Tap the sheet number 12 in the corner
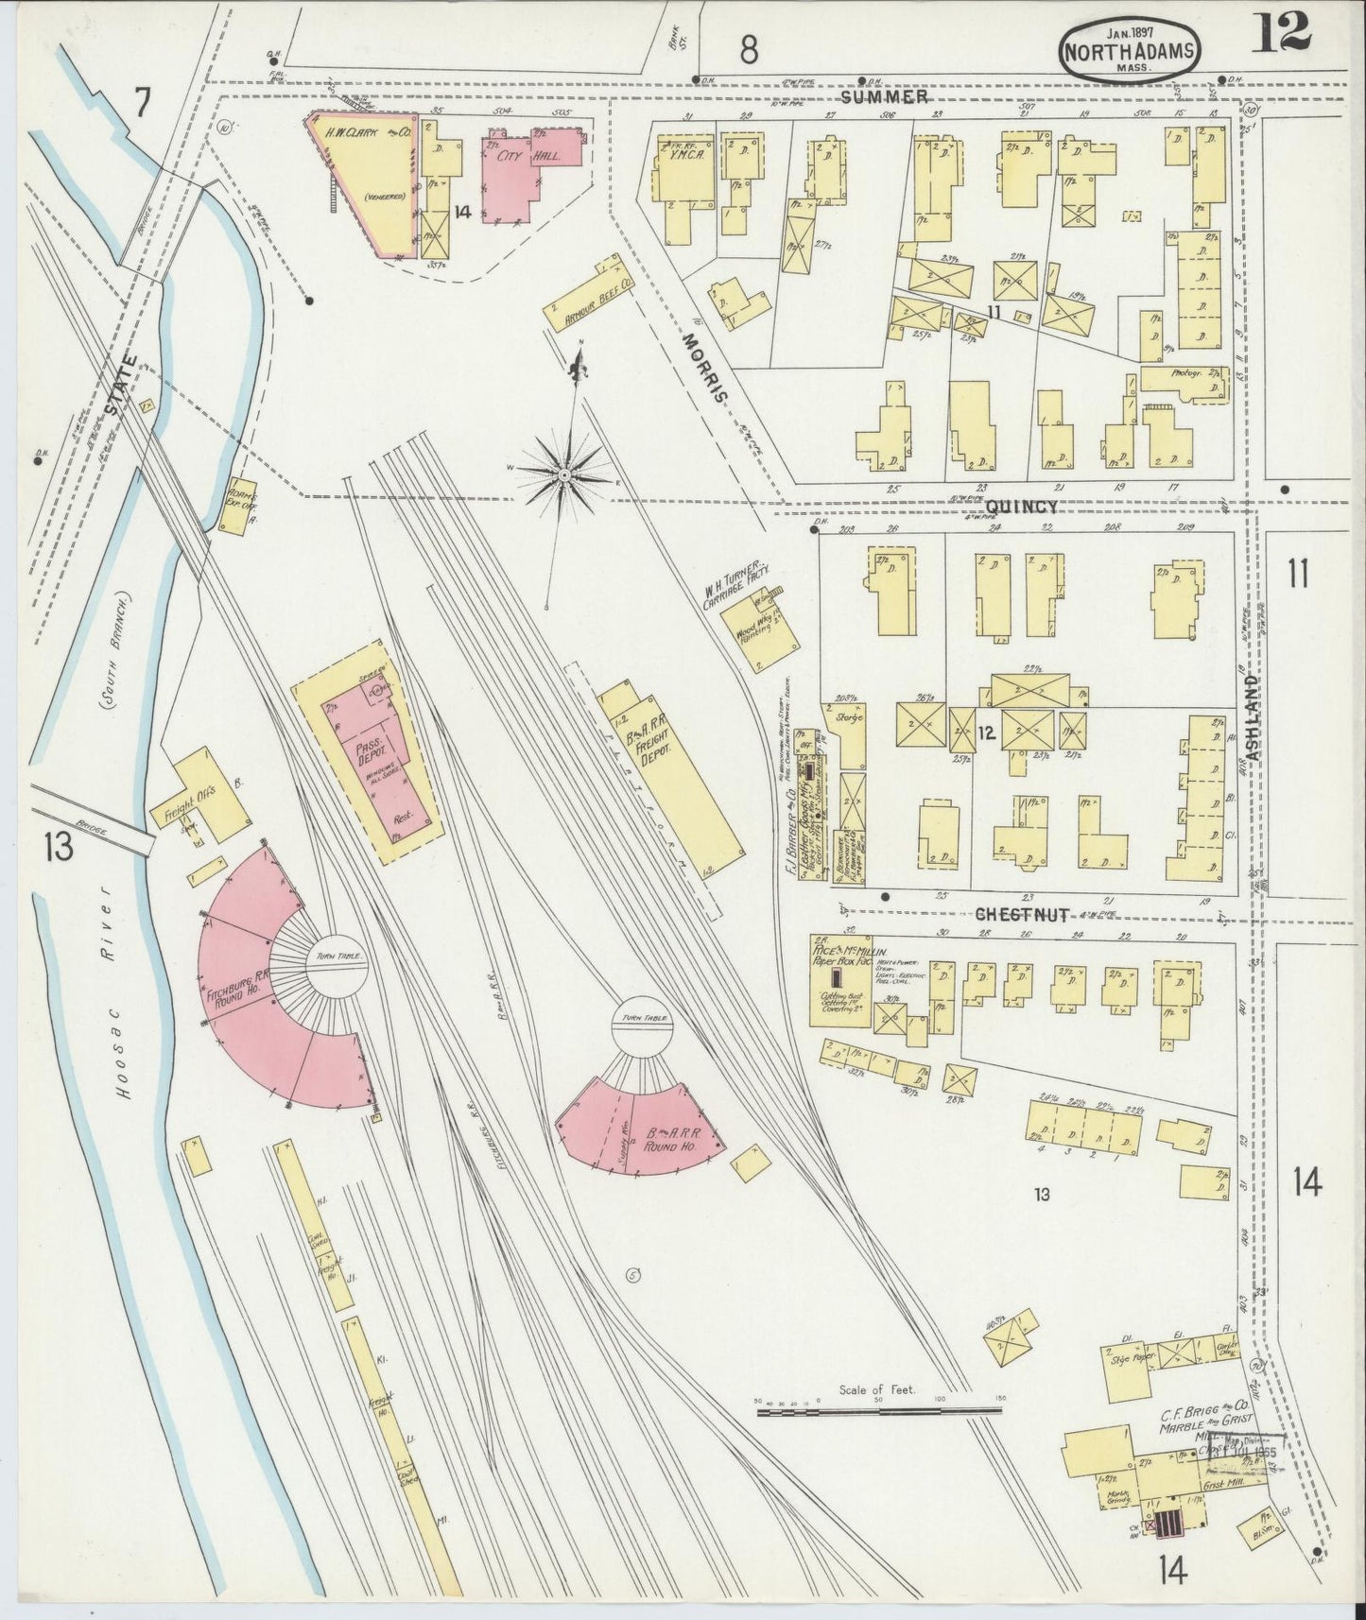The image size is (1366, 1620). (x=1282, y=33)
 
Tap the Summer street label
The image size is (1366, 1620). (x=885, y=96)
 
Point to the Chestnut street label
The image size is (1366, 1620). (x=1023, y=914)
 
